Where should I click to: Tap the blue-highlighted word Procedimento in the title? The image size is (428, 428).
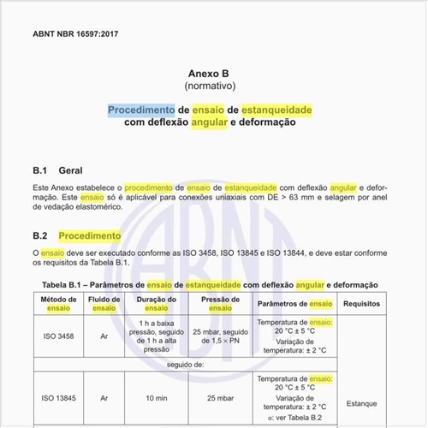pos(141,110)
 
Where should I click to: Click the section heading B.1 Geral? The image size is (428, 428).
pos(57,170)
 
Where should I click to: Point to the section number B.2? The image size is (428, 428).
pos(39,235)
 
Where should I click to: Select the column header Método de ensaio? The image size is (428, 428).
pos(59,304)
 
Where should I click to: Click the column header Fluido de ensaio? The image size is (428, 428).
pos(104,304)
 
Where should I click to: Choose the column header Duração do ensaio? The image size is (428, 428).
pos(157,304)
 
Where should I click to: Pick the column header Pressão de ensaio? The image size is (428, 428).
pos(219,304)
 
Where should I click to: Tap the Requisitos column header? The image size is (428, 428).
pos(361,304)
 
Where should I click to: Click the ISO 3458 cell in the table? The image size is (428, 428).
pos(59,336)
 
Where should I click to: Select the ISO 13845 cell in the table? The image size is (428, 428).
pos(59,398)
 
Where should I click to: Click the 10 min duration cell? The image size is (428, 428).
pos(157,398)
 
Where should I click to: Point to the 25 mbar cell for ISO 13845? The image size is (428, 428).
pos(219,398)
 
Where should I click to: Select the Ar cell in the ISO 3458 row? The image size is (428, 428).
pos(104,336)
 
